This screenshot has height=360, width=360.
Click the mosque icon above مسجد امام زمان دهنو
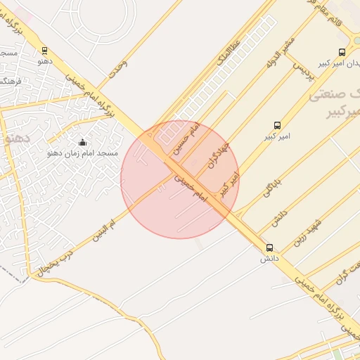pyautogui.click(x=82, y=142)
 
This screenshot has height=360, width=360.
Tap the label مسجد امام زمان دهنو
pyautogui.click(x=84, y=153)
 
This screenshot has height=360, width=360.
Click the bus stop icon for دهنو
pyautogui.click(x=45, y=51)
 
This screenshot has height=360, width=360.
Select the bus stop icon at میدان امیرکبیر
pyautogui.click(x=342, y=52)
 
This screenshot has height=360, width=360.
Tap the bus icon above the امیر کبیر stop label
pyautogui.click(x=277, y=125)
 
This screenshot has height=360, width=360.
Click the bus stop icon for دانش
pyautogui.click(x=269, y=248)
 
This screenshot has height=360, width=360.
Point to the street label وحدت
pyautogui.click(x=118, y=68)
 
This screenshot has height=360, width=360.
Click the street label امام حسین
pyautogui.click(x=188, y=138)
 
